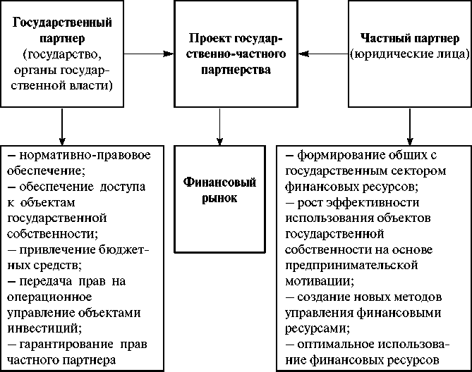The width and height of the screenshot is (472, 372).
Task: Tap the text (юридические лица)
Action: click(x=409, y=53)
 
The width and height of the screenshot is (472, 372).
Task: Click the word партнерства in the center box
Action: click(x=221, y=68)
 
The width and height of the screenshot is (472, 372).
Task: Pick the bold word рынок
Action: click(x=221, y=199)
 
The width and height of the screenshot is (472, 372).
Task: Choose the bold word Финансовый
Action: click(x=222, y=183)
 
